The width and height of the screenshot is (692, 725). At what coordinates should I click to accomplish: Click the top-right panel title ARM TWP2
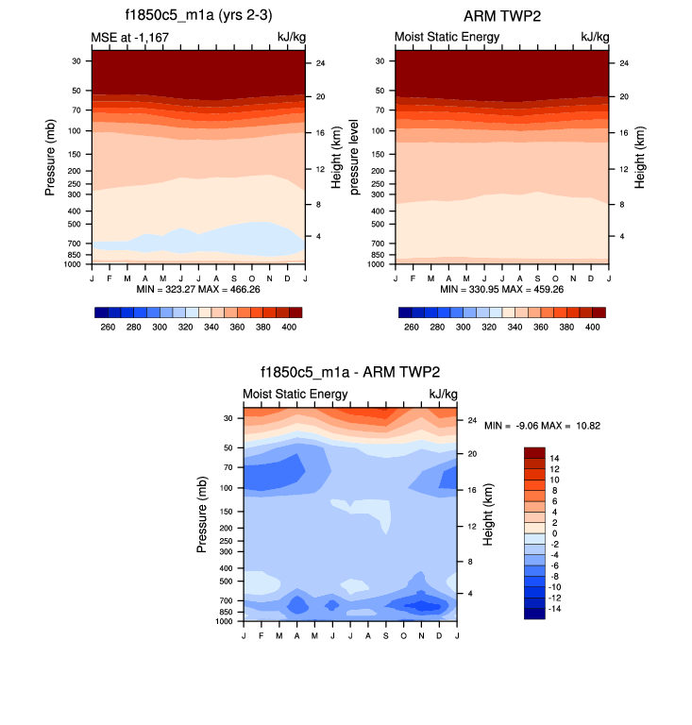[x=501, y=16]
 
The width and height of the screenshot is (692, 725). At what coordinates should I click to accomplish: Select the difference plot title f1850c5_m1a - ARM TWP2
[x=349, y=373]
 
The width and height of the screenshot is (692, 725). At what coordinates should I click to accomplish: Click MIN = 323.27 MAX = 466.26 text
[x=197, y=289]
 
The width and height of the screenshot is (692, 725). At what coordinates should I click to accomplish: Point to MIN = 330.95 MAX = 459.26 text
[x=501, y=289]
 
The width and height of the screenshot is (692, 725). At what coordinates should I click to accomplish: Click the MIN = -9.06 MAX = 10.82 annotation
[x=543, y=426]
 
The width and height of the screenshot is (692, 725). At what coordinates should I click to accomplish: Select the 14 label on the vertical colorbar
[x=556, y=457]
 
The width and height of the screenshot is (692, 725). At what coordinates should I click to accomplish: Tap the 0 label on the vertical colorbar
[x=554, y=533]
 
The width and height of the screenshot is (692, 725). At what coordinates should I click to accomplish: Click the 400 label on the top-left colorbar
[x=289, y=326]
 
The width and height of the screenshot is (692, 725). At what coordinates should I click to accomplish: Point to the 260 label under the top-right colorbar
[x=411, y=326]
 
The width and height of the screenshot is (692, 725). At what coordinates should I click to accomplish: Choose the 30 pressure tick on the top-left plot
[x=75, y=61]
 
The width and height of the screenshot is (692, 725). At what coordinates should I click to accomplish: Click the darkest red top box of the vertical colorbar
[x=534, y=452]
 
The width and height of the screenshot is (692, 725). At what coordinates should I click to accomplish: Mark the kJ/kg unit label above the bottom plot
[x=443, y=394]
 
